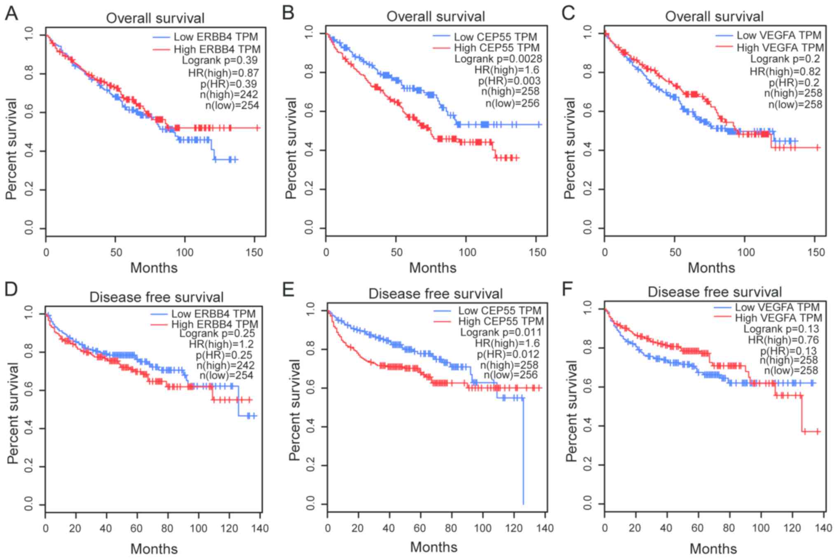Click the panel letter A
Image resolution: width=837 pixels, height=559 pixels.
tap(12, 13)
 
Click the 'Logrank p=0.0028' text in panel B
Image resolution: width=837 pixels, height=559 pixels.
tap(498, 59)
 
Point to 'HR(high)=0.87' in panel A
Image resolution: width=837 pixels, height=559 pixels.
tap(223, 73)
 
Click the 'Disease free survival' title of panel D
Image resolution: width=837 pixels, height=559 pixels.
tap(156, 297)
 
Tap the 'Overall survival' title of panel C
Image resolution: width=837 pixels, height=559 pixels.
tap(714, 16)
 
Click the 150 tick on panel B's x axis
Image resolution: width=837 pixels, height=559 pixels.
tap(537, 252)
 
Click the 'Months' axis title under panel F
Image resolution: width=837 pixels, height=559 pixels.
tap(713, 549)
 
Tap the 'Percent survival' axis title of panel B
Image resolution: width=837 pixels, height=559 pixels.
tap(291, 148)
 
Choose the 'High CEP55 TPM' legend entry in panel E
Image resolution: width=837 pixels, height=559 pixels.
tap(501, 321)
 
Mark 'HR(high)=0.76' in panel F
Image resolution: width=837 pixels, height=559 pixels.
tap(783, 340)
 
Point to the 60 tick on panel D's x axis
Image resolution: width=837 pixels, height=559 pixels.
tap(136, 528)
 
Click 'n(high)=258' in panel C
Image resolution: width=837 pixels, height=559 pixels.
tap(793, 93)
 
